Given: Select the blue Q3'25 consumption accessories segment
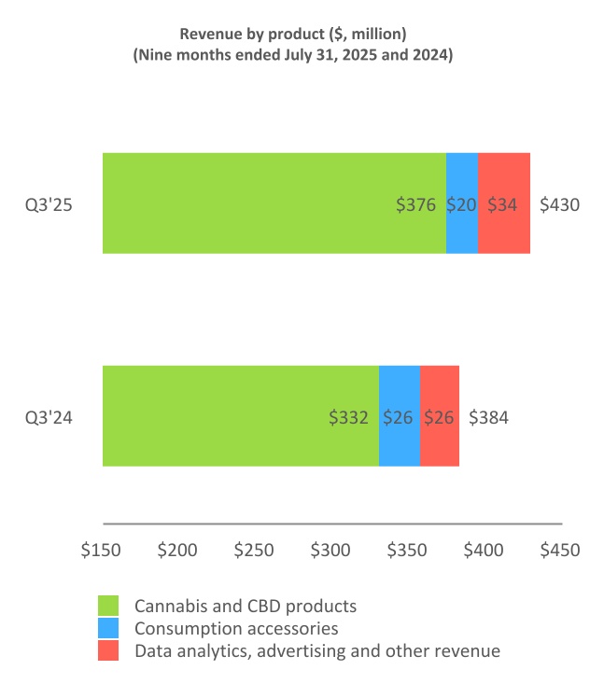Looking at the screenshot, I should pos(462,203).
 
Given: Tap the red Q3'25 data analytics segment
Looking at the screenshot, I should pos(504,203).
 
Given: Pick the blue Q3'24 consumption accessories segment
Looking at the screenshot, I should pos(400,416).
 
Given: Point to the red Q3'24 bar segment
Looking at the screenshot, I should pos(440,416).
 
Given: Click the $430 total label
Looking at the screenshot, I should pos(560,204).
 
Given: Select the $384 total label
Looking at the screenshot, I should pos(488,417).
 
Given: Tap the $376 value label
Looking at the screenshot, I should pos(416,204).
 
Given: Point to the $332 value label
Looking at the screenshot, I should pos(349,417).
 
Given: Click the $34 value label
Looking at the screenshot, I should pos(502,204).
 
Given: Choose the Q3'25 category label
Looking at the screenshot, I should pos(49,204).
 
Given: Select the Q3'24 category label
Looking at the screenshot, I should pos(49,417).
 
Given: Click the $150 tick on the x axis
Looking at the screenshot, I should pos(102,550).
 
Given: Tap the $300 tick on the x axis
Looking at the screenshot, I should pos(331,550).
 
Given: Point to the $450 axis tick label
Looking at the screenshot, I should pos(560,550).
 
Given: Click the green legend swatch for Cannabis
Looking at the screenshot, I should pos(109,607).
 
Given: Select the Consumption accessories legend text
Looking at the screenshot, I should pos(236,629).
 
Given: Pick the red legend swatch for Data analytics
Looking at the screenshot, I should pos(109,651).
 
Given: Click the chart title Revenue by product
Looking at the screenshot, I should pos(295,34).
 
